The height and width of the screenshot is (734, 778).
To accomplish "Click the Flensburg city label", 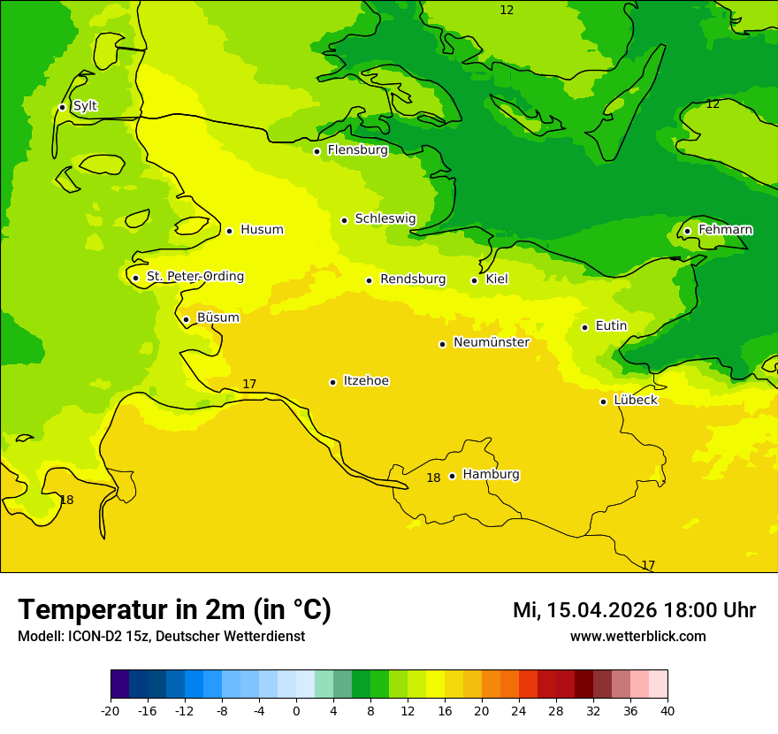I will point(357,150).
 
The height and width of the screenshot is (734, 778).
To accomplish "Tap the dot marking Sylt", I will point(62,107).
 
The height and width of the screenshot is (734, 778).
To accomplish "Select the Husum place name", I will point(262,230).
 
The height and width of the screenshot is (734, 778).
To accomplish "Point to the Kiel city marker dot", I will point(474,280).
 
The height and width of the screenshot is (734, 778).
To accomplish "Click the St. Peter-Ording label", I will point(194,277).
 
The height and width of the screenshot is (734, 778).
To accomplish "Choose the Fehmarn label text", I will point(725,230).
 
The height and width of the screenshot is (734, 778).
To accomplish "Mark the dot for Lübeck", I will point(603,401).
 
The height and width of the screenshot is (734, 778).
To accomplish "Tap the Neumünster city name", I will point(491,342).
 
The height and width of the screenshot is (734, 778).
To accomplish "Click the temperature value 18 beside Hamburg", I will point(433,478).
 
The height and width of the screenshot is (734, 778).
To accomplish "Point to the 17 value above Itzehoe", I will point(249,384).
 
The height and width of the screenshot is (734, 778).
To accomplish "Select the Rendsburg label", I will point(412,279).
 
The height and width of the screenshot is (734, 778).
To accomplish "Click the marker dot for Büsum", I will point(186,319).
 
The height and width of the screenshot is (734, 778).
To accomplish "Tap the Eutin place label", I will point(611,326).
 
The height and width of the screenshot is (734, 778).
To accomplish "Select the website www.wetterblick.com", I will point(637,636).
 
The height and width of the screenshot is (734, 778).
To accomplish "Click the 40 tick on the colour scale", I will point(667,711).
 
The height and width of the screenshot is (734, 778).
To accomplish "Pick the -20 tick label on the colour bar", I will point(111,711).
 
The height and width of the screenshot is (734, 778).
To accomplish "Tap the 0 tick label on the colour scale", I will point(296,711).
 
